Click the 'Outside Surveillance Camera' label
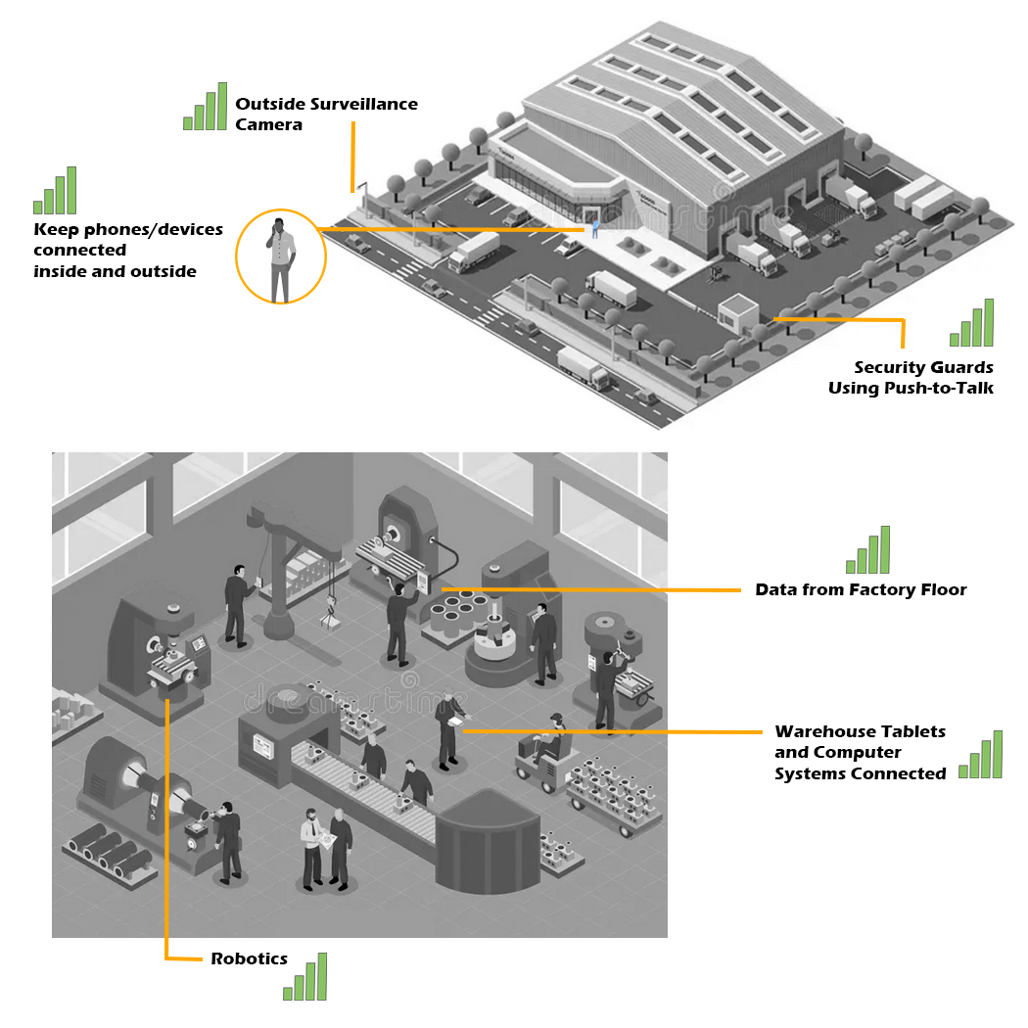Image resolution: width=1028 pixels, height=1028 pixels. tap(325, 114)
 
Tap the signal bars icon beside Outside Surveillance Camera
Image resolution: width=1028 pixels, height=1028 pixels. tap(205, 107)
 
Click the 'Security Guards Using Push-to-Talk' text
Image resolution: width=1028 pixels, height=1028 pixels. tap(911, 378)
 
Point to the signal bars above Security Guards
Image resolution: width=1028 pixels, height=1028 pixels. tap(971, 324)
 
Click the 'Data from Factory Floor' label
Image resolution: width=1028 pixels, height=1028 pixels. tap(861, 589)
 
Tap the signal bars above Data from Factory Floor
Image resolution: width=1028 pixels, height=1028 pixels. tap(868, 550)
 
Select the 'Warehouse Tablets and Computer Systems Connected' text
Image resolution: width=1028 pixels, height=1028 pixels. tap(860, 752)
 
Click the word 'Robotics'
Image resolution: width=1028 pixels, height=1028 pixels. tap(249, 958)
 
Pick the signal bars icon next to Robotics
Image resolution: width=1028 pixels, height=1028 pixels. tap(304, 977)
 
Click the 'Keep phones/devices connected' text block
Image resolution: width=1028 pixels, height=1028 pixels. tap(127, 250)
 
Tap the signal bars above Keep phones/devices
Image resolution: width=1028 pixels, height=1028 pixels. tap(55, 191)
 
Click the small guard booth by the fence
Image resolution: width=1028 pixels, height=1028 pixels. tap(738, 313)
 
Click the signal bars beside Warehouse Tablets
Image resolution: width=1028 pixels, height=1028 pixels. tap(981, 755)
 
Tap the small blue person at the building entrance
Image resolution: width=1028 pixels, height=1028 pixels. tap(593, 229)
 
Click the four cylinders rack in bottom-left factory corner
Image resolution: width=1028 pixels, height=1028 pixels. tap(107, 853)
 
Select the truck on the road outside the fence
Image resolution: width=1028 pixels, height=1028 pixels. tap(581, 364)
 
